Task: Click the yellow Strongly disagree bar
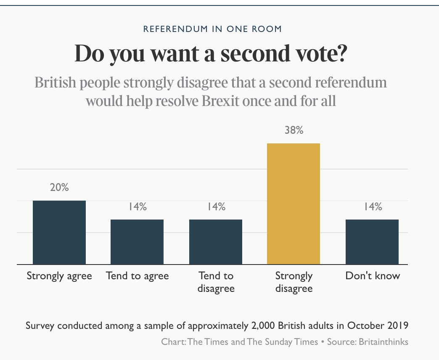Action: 294,204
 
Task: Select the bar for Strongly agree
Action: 59,233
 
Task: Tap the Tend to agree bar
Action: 137,242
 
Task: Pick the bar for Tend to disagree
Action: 216,242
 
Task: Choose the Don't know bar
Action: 372,242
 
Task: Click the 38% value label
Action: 294,130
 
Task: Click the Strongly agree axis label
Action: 59,276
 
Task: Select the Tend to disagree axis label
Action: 216,282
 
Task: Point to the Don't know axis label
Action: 373,276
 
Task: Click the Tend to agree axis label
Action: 137,276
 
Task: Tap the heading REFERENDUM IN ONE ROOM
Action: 212,29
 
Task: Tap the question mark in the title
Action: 341,53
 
